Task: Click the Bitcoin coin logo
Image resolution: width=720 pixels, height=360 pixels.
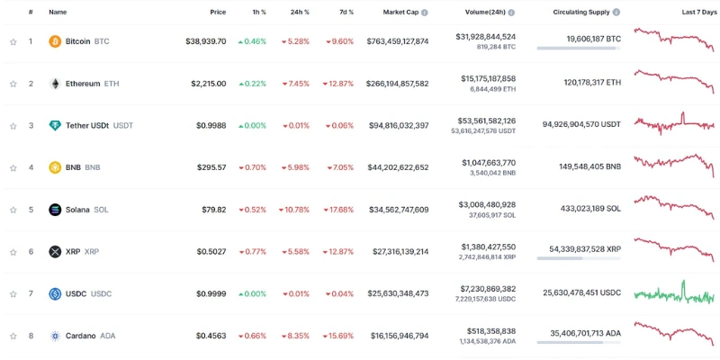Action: click(x=55, y=41)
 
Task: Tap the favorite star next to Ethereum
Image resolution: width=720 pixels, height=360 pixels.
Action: click(x=13, y=84)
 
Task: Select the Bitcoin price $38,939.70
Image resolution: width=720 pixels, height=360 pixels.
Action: click(x=205, y=41)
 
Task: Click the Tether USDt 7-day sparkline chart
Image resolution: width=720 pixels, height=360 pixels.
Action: click(x=674, y=125)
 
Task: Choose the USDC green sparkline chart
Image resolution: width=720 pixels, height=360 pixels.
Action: click(x=674, y=293)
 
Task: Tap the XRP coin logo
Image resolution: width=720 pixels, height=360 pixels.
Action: click(x=55, y=252)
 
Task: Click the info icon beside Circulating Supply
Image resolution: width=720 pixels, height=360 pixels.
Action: click(x=616, y=13)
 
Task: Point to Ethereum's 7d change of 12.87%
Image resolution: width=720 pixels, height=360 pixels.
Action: click(x=339, y=84)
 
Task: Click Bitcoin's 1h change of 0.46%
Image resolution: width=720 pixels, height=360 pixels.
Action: click(x=252, y=41)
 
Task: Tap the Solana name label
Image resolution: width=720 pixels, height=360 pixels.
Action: click(x=77, y=210)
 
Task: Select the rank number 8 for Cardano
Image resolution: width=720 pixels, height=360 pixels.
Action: click(x=31, y=336)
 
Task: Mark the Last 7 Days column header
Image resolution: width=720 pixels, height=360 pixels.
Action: click(x=699, y=13)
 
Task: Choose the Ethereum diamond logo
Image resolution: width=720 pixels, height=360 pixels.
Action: click(x=55, y=84)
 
